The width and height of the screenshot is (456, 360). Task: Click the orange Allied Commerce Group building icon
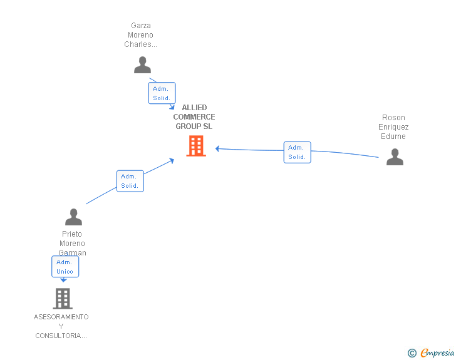coord(196,146)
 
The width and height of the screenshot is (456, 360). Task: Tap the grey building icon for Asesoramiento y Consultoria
coord(62,299)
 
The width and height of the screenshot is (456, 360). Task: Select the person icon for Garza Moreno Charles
coord(143,64)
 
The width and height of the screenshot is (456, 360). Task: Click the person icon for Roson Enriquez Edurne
coord(395,157)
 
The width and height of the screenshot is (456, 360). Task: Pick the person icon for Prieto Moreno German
coord(73,217)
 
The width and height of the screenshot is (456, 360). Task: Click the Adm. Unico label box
coord(65,267)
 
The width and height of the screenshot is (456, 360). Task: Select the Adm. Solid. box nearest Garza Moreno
coord(162,93)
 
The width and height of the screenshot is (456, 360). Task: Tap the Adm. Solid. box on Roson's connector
coord(297,152)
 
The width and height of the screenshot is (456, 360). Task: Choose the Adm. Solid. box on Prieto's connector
coord(130,181)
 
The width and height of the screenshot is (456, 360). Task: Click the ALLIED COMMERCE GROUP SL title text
coord(194,117)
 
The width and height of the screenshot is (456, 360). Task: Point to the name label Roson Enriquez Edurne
coord(393,127)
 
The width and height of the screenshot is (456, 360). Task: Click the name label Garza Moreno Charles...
coord(141,35)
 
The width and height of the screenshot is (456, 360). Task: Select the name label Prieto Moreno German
coord(73,244)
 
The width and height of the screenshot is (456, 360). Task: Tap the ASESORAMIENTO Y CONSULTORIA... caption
coord(61,326)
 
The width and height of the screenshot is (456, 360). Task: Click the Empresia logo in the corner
coord(437,352)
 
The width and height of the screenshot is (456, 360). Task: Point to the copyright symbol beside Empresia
coord(412,353)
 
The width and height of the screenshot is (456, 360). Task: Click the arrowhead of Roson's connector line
coord(217,148)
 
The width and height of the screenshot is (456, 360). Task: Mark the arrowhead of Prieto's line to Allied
coord(172,161)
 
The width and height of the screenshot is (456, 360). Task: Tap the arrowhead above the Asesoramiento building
coord(63,280)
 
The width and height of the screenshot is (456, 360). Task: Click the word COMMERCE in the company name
coord(194,117)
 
